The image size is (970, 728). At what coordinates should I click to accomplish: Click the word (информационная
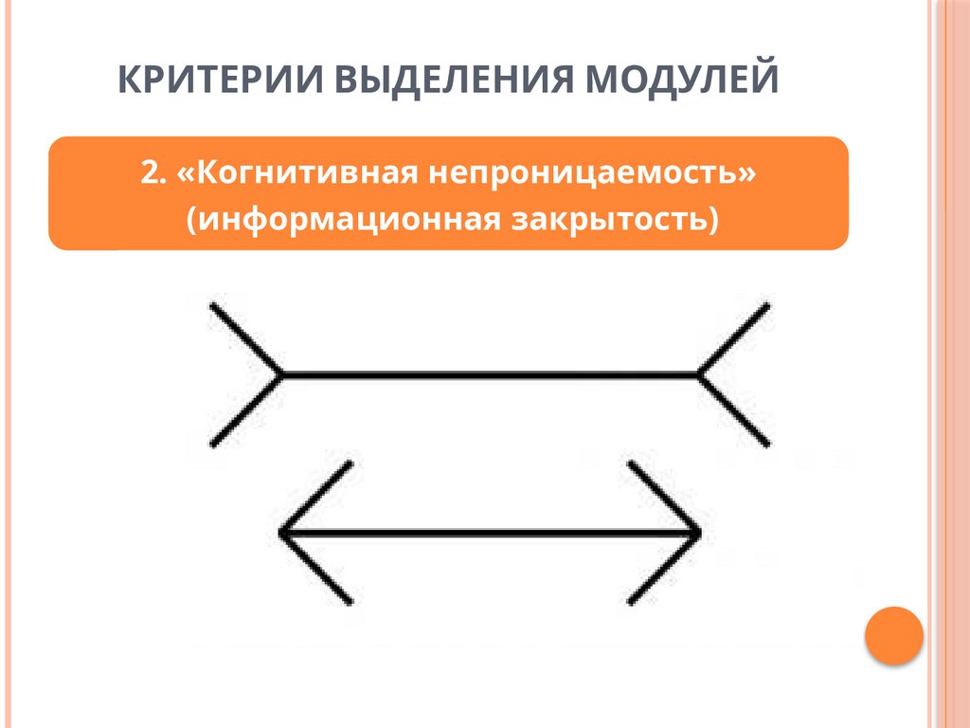342,220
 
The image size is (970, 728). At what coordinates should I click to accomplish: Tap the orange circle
894,634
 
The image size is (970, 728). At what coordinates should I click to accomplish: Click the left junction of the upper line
282,374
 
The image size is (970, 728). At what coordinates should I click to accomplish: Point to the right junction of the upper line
700,374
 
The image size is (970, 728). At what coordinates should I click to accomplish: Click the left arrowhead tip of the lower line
281,534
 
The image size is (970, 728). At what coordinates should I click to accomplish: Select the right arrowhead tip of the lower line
699,534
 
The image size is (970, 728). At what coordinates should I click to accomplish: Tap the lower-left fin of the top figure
245,410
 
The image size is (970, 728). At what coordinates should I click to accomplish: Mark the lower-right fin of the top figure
735,410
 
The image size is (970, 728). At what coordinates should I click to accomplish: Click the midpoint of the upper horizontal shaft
491,374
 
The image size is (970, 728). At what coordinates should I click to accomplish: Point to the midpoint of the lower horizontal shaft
491,534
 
